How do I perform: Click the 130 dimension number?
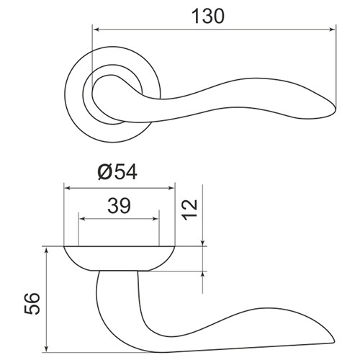click(208, 17)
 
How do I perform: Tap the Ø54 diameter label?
click(117, 172)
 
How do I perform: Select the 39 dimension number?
click(119, 206)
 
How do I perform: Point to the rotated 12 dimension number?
click(189, 210)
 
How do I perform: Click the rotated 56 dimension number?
click(32, 303)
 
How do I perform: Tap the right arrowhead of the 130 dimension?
click(333, 30)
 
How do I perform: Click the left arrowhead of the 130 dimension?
click(96, 30)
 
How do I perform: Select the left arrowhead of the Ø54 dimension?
click(68, 188)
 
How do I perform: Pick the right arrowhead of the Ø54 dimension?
click(171, 188)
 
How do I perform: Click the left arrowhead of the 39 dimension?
click(82, 219)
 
